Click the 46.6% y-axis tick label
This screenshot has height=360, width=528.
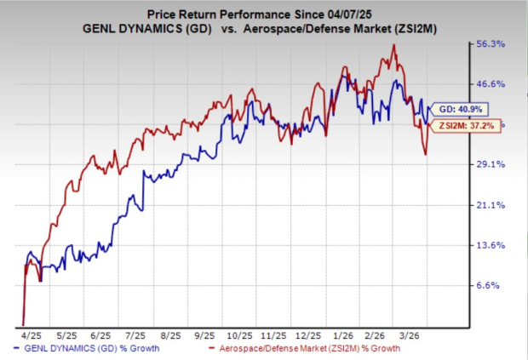(491, 83)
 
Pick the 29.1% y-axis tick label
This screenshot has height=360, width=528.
(491, 164)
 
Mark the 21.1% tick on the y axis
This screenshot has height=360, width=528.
(491, 205)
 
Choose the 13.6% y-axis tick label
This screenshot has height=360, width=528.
(491, 245)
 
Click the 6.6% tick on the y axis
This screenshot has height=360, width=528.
(490, 286)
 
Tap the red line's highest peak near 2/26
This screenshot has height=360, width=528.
(393, 45)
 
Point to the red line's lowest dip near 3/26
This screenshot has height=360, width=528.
(425, 154)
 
